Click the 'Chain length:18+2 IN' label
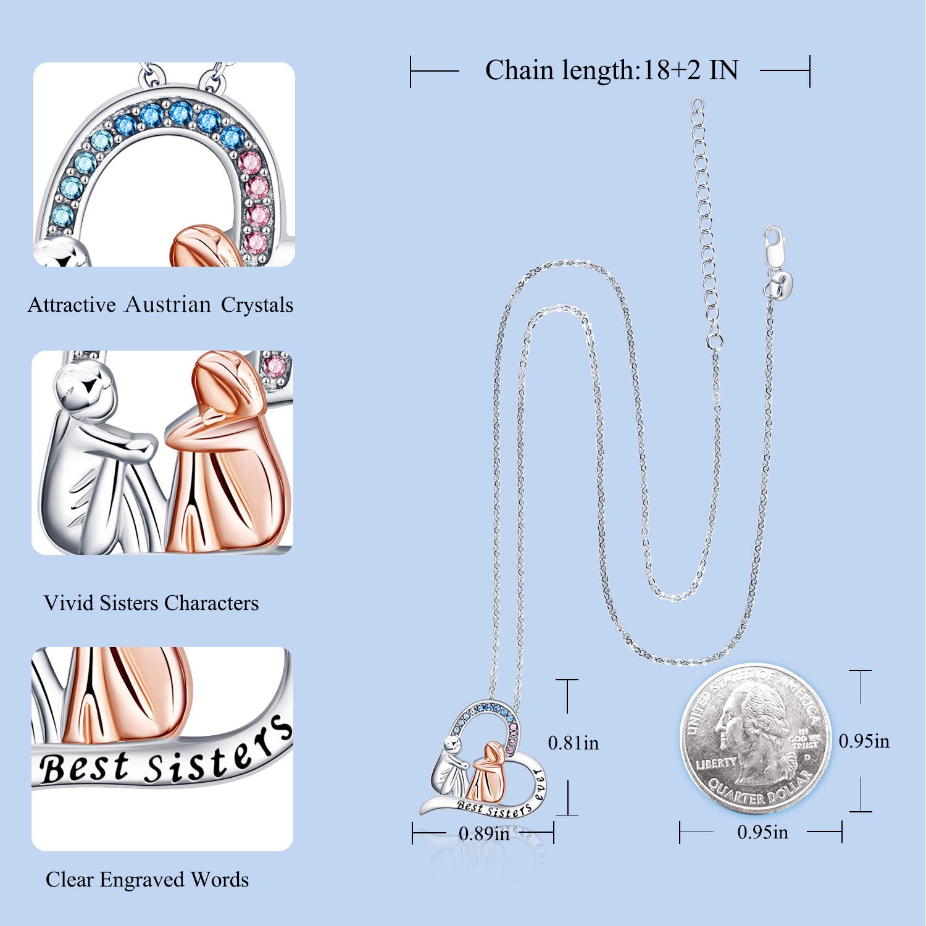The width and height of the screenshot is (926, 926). (611, 71)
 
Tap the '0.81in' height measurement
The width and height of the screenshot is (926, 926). (574, 742)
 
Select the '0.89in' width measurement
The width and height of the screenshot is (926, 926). (484, 833)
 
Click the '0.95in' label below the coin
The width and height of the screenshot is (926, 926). (762, 832)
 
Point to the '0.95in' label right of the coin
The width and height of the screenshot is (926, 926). (864, 741)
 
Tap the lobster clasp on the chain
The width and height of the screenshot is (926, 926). (773, 244)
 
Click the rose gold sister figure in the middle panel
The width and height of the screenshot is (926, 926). (222, 451)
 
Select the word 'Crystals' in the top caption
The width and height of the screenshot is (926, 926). (257, 305)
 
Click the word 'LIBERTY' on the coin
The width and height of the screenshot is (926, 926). (716, 763)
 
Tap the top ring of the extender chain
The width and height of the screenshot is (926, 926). (697, 104)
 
